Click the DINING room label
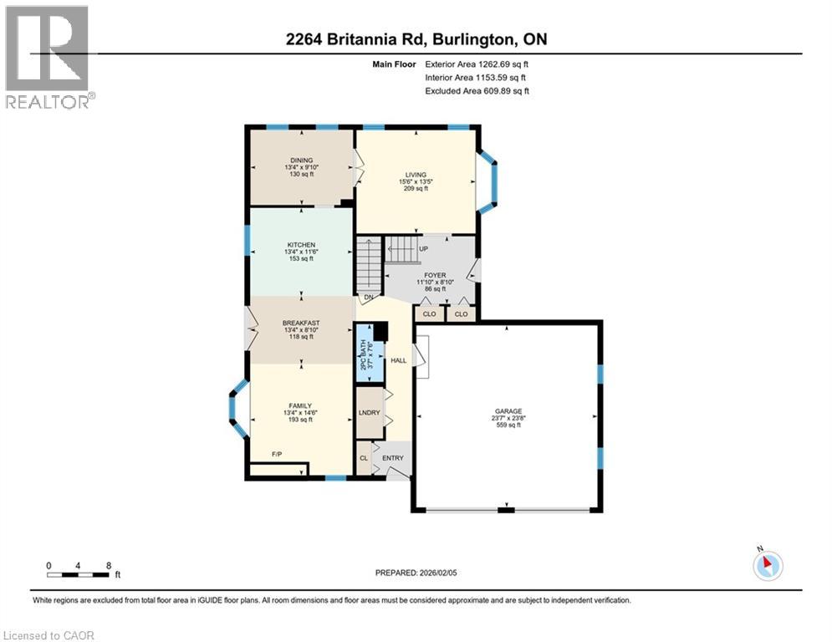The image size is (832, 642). tap(301, 160)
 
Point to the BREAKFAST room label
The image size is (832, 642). tap(301, 323)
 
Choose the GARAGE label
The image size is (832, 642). tap(508, 411)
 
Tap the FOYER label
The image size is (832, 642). tap(435, 275)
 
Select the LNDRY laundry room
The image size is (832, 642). tap(369, 413)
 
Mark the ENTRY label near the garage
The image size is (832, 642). tap(392, 458)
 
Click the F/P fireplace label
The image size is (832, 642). tap(276, 454)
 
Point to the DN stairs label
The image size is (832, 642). tap(367, 298)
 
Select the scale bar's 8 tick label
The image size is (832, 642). tap(109, 565)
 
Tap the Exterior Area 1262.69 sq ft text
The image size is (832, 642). tap(477, 64)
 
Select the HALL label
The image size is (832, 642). tap(398, 360)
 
